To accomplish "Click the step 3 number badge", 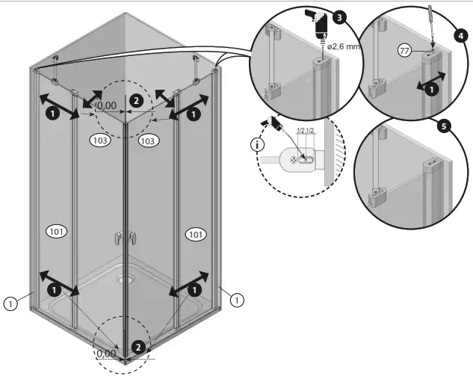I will [340, 16].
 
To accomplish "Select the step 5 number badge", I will [444, 126].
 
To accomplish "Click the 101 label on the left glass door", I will [57, 231].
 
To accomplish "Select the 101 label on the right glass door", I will [195, 235].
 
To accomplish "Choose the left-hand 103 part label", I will [99, 140].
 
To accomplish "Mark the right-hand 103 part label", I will [147, 141].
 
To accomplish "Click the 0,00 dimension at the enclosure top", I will [107, 105].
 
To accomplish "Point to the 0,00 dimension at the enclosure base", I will [107, 354].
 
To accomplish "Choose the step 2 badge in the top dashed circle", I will [135, 99].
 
